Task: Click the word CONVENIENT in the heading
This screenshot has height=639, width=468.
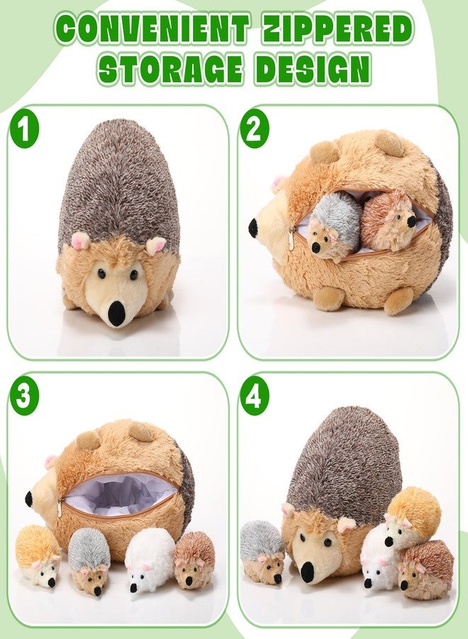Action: click(152, 30)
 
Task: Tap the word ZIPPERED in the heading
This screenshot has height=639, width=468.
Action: click(338, 30)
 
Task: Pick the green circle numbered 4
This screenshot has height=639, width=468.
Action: click(255, 395)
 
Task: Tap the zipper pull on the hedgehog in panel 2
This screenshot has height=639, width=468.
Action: click(291, 235)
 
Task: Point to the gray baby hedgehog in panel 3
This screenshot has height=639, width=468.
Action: click(89, 562)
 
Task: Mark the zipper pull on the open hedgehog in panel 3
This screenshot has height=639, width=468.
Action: click(60, 508)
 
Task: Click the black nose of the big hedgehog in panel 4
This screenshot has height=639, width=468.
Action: click(307, 572)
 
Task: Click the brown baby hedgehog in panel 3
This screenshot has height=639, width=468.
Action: click(194, 559)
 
